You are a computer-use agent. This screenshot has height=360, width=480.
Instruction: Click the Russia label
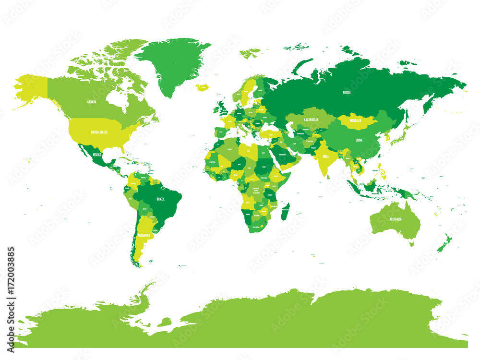[347, 92]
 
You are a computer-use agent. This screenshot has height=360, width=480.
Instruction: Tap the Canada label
[92, 102]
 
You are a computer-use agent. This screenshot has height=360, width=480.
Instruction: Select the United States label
[99, 132]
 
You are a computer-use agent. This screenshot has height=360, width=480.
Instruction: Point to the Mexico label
[97, 155]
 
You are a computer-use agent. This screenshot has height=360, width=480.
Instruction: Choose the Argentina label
[144, 236]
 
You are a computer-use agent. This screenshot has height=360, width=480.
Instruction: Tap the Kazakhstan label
[312, 118]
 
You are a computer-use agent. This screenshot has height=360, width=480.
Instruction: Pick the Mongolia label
[356, 121]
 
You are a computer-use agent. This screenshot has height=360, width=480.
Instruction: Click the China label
[359, 140]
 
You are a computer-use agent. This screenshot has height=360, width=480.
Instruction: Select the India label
[325, 156]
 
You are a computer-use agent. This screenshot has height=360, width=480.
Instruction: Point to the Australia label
[395, 219]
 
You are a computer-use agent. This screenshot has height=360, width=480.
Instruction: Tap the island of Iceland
[203, 87]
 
